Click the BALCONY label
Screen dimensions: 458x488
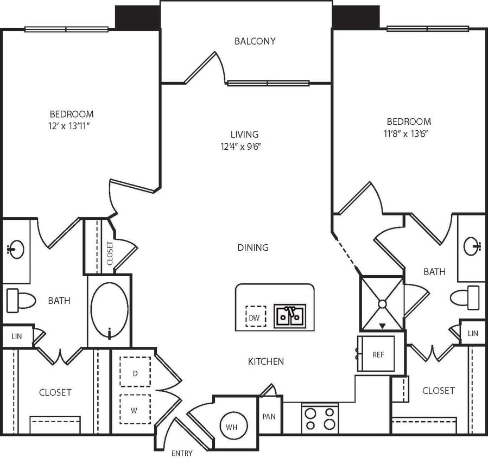[255, 41]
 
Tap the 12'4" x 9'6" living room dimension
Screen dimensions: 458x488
[244, 146]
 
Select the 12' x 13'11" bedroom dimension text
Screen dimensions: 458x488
[72, 126]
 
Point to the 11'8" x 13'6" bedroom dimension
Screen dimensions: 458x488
[409, 133]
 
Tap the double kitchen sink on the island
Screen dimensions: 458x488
[289, 316]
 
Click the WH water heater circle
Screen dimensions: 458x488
[232, 427]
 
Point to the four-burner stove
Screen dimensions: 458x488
[320, 418]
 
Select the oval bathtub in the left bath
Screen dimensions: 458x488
[110, 310]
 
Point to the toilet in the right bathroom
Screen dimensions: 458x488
[466, 298]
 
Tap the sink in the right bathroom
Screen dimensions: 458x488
[472, 246]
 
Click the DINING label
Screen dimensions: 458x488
[253, 248]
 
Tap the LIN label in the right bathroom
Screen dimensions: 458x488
[473, 333]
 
